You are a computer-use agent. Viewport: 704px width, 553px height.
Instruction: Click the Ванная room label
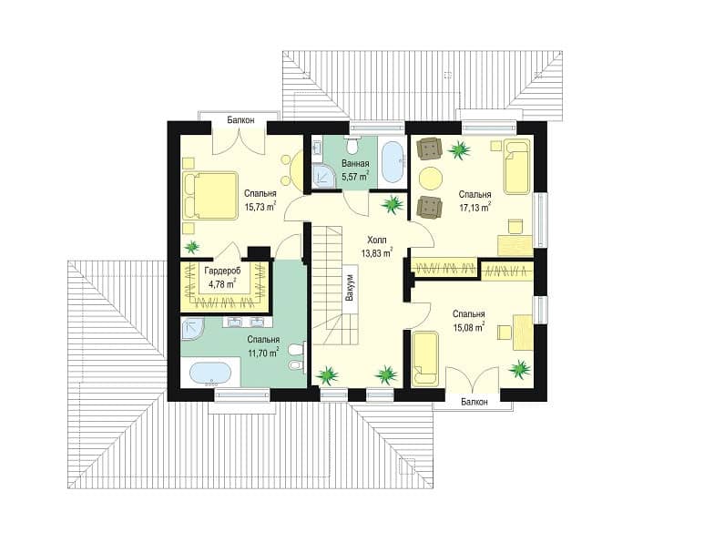pos(355,163)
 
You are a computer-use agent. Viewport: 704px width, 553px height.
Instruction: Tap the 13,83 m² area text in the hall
pos(377,253)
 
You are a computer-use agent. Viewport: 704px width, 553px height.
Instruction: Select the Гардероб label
pos(222,271)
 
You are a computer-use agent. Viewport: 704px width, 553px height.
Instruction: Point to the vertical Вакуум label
pos(350,288)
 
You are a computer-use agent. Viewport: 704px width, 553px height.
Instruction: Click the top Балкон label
pos(240,120)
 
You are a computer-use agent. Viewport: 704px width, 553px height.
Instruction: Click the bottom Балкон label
pos(474,402)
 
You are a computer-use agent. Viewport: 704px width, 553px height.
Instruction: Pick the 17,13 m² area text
pos(474,208)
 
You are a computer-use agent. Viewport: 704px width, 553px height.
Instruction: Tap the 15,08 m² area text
pos(468,327)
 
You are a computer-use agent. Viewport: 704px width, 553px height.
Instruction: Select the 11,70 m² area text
pos(263,353)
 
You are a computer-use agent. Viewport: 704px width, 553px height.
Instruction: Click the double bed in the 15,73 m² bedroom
pos(210,196)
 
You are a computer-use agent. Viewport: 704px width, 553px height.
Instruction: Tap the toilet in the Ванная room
pos(352,145)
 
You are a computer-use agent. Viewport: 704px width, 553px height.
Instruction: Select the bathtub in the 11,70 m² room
pos(210,374)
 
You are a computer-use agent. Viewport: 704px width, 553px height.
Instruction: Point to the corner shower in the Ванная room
pos(323,175)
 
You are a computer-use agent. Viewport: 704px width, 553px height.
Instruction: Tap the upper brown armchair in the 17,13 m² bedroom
pos(430,148)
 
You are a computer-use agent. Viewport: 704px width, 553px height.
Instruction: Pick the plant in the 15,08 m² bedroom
pos(520,368)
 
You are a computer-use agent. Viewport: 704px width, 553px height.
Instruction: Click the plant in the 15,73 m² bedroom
pos(192,247)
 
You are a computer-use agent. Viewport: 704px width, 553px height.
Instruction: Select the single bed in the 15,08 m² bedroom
pos(424,358)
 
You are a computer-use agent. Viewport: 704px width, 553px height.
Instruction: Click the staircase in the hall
pos(335,285)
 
